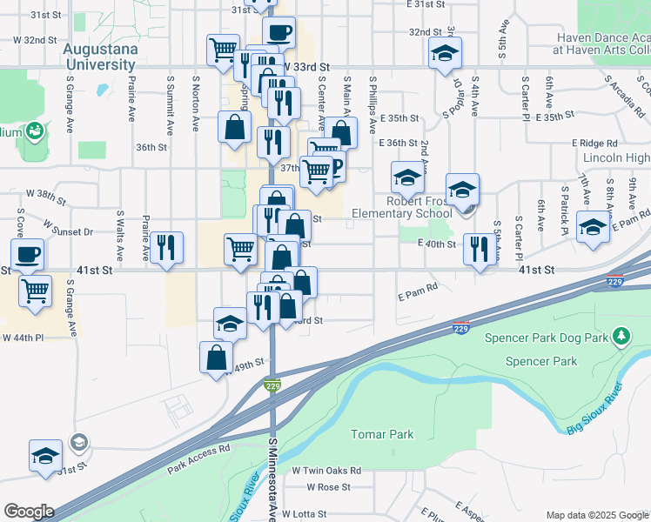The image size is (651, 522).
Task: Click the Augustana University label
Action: click(x=100, y=57)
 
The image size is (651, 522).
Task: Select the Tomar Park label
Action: click(x=381, y=434)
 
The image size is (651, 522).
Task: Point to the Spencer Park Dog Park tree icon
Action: click(x=621, y=336)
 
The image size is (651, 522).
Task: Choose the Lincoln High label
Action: click(x=617, y=157)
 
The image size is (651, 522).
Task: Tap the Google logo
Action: click(x=28, y=512)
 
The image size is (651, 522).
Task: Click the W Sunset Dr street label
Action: click(x=75, y=231)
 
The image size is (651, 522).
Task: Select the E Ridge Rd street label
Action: click(x=594, y=143)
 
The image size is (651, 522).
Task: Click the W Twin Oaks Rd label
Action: click(x=326, y=470)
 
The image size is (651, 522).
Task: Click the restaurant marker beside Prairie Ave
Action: click(x=165, y=248)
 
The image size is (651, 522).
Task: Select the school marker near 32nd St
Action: click(x=445, y=54)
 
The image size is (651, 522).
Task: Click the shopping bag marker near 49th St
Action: click(x=216, y=357)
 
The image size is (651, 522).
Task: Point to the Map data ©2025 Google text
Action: click(x=595, y=514)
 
